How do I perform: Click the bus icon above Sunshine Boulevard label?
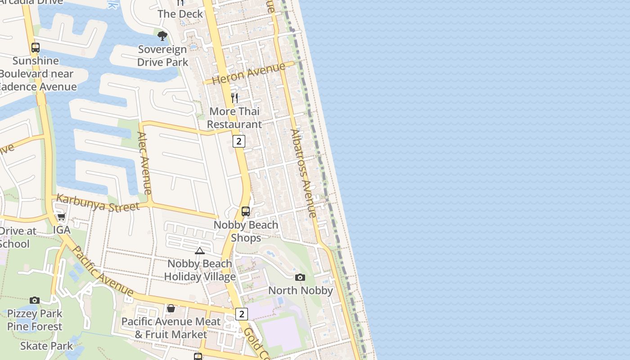coord(35,47)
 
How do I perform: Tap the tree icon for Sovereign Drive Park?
coord(162,36)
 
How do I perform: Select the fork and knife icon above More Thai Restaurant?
coord(234,98)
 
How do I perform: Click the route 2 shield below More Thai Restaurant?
coord(238,141)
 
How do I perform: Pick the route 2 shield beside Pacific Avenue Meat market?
coord(242,314)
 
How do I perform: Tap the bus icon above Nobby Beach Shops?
coord(246,211)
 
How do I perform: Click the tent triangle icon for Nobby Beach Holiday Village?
coord(199,251)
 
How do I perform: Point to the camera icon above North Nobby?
coord(300,277)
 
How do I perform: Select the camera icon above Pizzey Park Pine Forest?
coord(35,300)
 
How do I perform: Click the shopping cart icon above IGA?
coord(61,217)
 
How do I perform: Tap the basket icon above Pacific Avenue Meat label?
coord(171,308)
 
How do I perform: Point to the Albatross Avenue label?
coord(304,173)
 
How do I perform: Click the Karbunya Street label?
coord(98,203)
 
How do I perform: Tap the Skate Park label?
coord(46,346)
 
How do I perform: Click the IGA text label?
coord(62,230)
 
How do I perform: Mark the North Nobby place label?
coord(301,291)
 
